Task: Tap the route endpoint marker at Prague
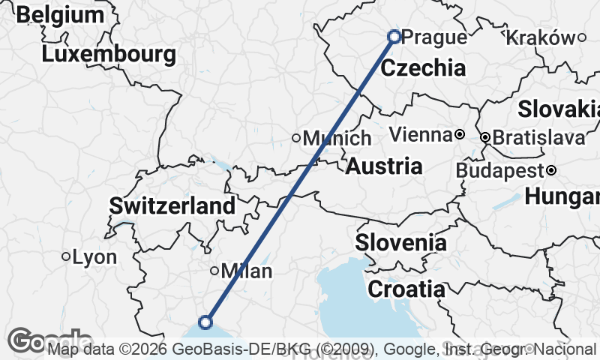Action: pos(394,36)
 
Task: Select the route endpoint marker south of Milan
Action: pos(205,322)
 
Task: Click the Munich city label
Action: pos(337,138)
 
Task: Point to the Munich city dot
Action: pos(296,137)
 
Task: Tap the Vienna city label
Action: pos(421,136)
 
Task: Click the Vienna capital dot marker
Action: pos(459,135)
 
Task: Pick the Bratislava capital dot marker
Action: pos(485,137)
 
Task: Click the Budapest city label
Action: pos(499,170)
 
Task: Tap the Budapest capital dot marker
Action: pos(550,170)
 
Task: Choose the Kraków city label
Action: pos(541,37)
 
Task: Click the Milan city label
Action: pos(247,271)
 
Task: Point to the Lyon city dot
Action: pos(66,256)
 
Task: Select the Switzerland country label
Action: pos(172,205)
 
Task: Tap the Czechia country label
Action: pos(423,68)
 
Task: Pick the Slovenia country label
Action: pos(400,243)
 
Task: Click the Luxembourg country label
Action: pos(109,54)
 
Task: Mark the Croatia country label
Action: pos(406,289)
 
